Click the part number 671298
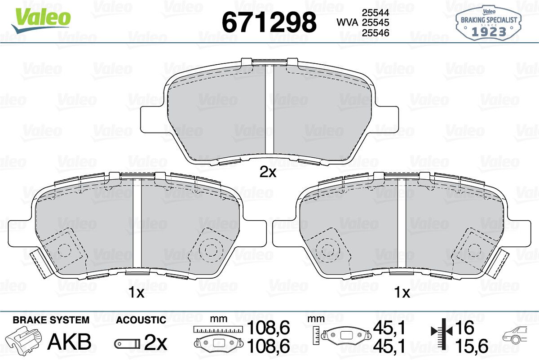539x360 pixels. (269, 22)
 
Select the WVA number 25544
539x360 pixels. (376, 13)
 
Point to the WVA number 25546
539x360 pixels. (376, 33)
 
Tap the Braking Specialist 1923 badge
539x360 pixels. (489, 23)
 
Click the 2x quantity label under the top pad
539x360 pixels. (268, 172)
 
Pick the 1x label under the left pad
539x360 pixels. (137, 293)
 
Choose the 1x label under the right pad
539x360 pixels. (402, 293)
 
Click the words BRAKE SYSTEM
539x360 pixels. (51, 320)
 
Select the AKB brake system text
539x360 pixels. (70, 342)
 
